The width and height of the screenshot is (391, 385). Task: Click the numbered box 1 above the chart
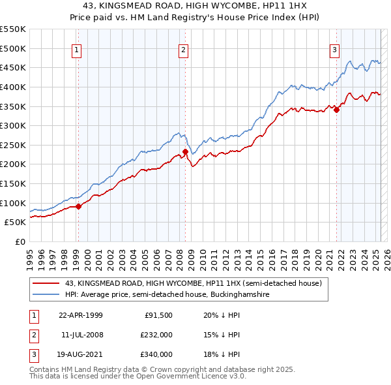(x=77, y=50)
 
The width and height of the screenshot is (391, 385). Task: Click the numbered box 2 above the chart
(x=184, y=50)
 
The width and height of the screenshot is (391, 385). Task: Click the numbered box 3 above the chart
(x=334, y=50)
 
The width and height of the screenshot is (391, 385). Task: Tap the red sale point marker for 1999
(x=79, y=206)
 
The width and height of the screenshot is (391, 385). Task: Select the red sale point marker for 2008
(x=185, y=152)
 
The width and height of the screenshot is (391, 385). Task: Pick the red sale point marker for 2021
(x=337, y=110)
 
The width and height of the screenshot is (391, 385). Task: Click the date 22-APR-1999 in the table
(x=80, y=315)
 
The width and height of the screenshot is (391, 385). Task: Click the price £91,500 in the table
(x=158, y=315)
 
